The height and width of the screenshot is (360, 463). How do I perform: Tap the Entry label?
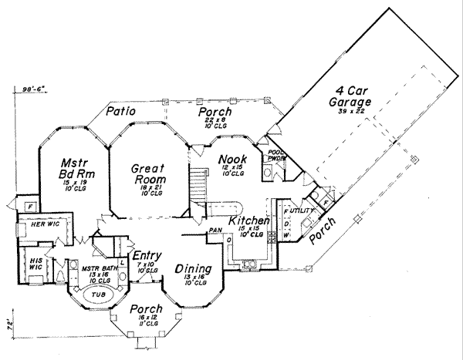[147, 256]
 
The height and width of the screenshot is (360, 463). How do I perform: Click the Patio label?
[121, 112]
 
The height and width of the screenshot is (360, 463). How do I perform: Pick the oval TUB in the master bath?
[98, 295]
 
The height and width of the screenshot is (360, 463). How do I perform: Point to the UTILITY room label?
[301, 210]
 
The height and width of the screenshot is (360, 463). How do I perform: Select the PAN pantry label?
[215, 230]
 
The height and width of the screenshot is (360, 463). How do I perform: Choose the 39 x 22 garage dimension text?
[354, 113]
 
